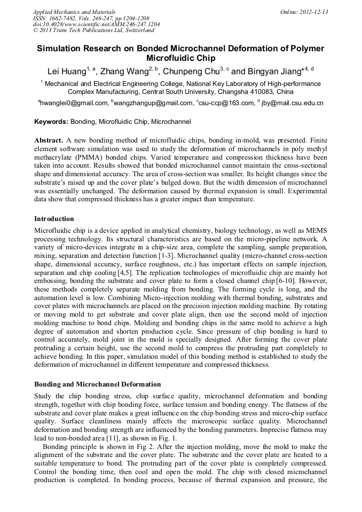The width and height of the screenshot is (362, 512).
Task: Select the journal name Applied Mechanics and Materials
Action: click(x=74, y=12)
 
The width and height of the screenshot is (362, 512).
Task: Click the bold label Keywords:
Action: click(x=51, y=122)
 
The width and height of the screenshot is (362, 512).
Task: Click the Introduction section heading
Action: click(x=54, y=219)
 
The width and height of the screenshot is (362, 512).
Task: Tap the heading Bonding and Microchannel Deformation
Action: click(x=97, y=384)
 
